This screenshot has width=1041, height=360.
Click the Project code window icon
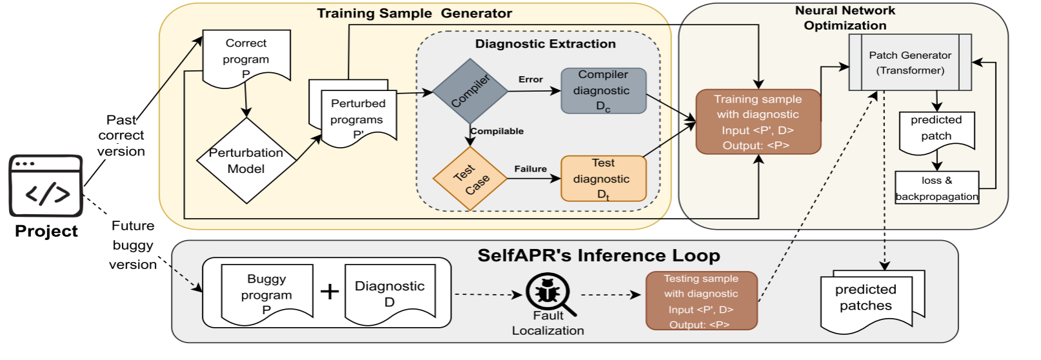tap(46, 186)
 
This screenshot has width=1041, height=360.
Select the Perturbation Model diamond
tap(246, 161)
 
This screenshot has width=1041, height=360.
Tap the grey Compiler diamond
tap(470, 91)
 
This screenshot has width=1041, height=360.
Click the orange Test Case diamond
tap(470, 179)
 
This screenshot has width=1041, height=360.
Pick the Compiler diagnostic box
tap(603, 91)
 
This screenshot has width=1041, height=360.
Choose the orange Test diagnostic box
tap(603, 179)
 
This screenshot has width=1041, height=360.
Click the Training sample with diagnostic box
tap(758, 122)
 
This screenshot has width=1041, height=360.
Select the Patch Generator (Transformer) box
tap(910, 63)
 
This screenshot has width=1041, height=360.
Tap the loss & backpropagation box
tap(937, 188)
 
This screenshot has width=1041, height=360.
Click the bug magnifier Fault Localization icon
tap(548, 294)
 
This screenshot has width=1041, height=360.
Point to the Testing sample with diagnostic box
tap(701, 301)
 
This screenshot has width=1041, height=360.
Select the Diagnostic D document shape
tap(390, 294)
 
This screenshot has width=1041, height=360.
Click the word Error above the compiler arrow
tap(531, 79)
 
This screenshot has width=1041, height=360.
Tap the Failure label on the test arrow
tap(531, 169)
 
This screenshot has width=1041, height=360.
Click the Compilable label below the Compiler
tap(497, 131)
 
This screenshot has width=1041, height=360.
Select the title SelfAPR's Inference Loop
tap(599, 255)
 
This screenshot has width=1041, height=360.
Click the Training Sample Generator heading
tap(414, 14)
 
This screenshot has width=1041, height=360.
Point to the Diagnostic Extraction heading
tap(545, 44)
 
